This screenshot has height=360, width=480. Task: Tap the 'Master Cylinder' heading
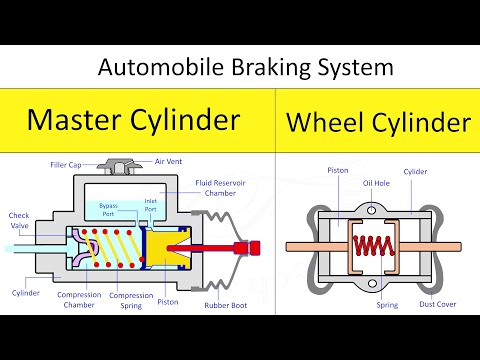[133, 120]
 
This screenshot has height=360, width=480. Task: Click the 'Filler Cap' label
[67, 164]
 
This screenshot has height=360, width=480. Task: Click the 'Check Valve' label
[19, 219]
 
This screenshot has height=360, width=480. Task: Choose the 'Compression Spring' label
[130, 299]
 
